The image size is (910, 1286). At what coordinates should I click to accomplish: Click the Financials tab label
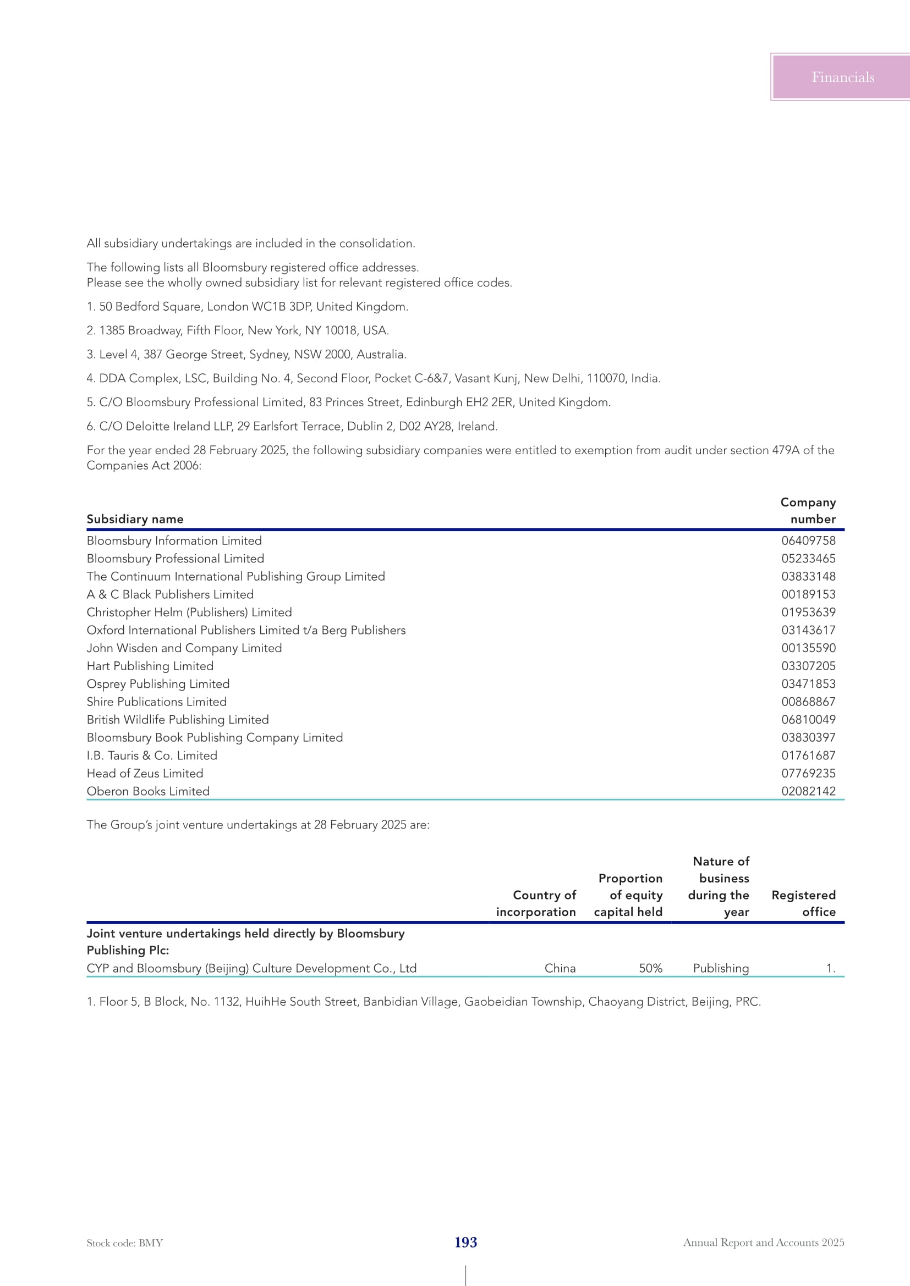pyautogui.click(x=842, y=78)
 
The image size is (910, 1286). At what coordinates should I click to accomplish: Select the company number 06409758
pyautogui.click(x=808, y=540)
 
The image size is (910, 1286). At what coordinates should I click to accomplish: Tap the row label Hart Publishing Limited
pyautogui.click(x=150, y=666)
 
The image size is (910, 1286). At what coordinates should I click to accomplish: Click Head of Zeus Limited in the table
pyautogui.click(x=145, y=774)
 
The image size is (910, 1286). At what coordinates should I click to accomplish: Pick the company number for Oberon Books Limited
pyautogui.click(x=808, y=791)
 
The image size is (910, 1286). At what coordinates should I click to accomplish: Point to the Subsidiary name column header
pyautogui.click(x=135, y=519)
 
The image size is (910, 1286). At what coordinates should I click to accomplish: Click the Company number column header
pyautogui.click(x=808, y=510)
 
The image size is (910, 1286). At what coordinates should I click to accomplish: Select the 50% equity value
pyautogui.click(x=650, y=968)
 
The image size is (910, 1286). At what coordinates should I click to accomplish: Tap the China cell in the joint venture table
pyautogui.click(x=560, y=968)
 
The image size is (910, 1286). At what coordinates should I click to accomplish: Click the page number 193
pyautogui.click(x=465, y=1243)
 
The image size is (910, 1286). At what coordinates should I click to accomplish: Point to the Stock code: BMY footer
pyautogui.click(x=124, y=1243)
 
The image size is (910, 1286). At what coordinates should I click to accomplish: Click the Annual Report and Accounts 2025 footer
pyautogui.click(x=763, y=1243)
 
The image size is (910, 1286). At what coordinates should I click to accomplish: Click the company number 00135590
pyautogui.click(x=808, y=648)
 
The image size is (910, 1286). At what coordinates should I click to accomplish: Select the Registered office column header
pyautogui.click(x=803, y=903)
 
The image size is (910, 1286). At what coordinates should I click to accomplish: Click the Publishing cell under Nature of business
pyautogui.click(x=721, y=968)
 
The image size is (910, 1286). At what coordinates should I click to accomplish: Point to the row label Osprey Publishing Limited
pyautogui.click(x=158, y=684)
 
